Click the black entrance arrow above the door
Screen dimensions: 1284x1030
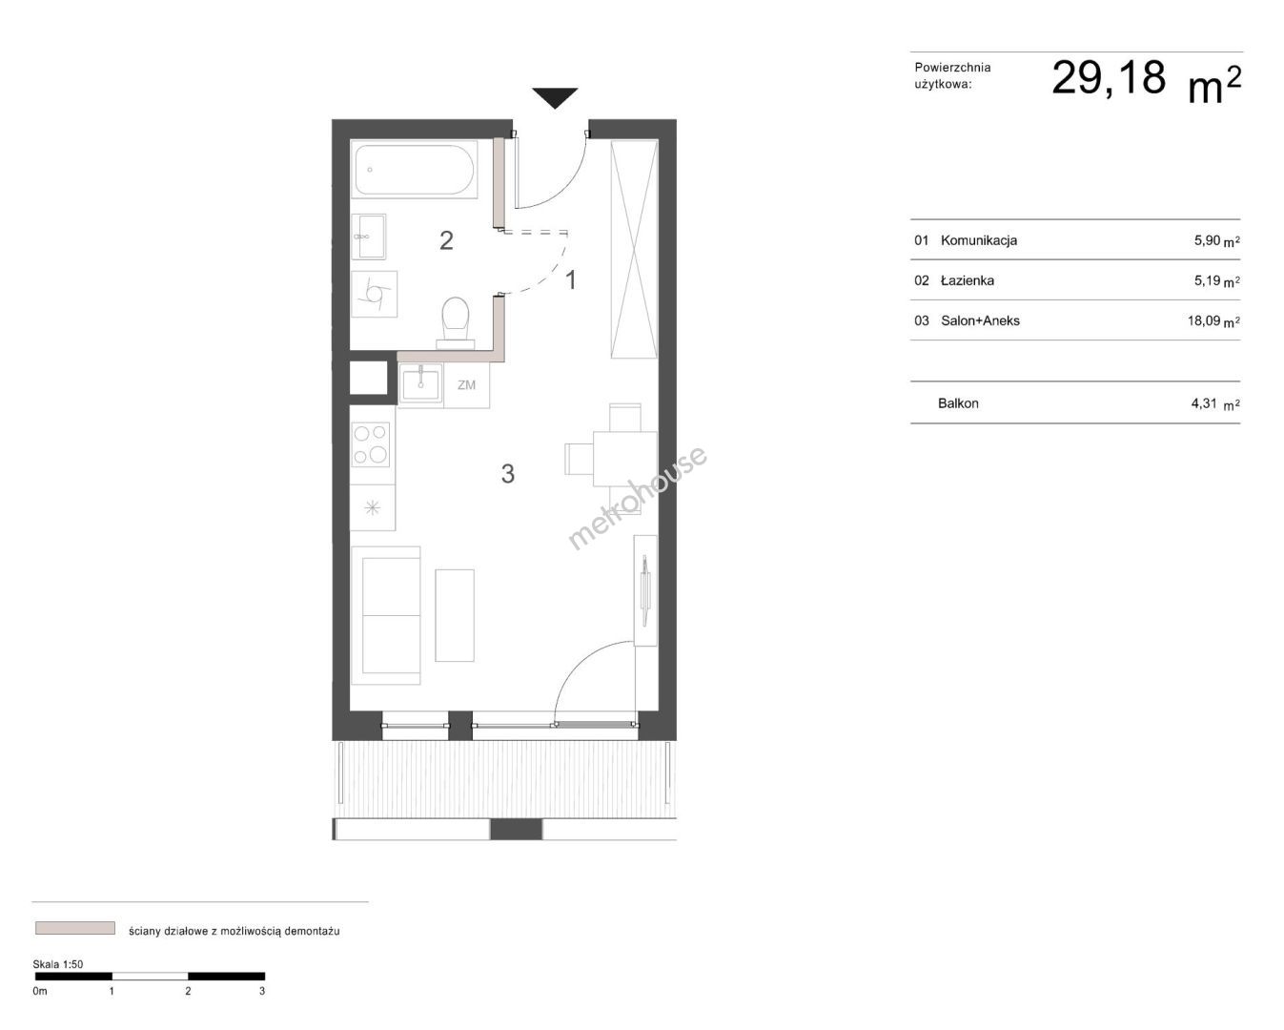tap(555, 97)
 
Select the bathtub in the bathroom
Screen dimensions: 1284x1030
tap(414, 169)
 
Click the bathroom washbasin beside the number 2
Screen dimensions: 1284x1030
tap(368, 237)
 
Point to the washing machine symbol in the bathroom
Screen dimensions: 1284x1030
tap(374, 295)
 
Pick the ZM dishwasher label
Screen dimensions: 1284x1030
tap(466, 385)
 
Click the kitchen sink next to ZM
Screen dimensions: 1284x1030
tap(420, 385)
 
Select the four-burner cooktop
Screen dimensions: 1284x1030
tap(371, 444)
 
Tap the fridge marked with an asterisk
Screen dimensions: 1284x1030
tap(373, 507)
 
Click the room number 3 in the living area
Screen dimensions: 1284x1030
tap(508, 473)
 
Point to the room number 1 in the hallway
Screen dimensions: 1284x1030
tap(571, 280)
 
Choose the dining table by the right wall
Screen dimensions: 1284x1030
tap(624, 459)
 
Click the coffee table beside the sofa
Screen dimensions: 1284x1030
tap(455, 615)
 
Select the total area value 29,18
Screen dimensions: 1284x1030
tap(1108, 78)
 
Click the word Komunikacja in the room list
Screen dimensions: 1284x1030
tap(979, 240)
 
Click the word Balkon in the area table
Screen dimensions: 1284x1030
tap(958, 403)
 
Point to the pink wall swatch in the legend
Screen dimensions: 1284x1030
tap(75, 928)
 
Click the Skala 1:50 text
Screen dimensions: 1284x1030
tap(58, 964)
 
